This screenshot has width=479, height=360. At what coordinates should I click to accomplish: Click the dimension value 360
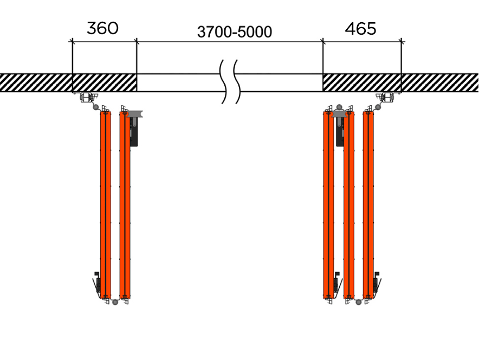[102, 28]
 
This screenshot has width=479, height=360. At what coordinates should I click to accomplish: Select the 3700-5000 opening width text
[234, 32]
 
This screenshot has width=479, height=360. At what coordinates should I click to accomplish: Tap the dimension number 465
[360, 29]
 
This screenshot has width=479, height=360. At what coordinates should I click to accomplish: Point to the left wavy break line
[223, 81]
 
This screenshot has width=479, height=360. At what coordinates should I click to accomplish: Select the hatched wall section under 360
[104, 82]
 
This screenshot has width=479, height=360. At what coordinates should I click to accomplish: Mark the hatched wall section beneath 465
[361, 82]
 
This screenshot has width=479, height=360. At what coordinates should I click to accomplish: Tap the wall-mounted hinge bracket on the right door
[388, 98]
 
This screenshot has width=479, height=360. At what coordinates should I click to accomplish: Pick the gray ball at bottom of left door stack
[114, 302]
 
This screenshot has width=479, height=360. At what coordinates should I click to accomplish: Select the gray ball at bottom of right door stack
[358, 302]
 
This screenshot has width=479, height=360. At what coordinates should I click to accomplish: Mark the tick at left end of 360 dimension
[72, 41]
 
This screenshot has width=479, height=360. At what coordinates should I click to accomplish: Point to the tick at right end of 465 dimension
[401, 41]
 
